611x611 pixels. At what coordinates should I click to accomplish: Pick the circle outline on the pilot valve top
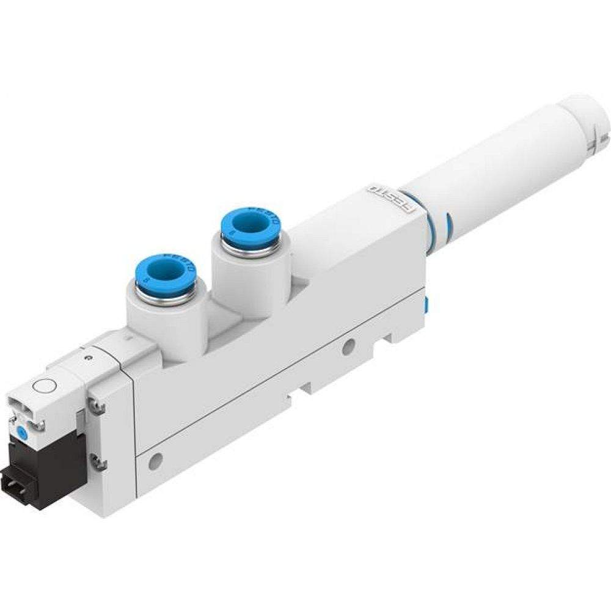point(43,387)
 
